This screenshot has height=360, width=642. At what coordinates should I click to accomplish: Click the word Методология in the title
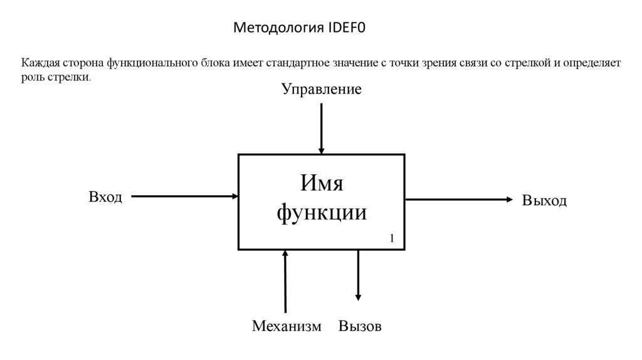click(278, 28)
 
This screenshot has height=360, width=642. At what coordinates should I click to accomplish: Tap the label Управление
click(321, 90)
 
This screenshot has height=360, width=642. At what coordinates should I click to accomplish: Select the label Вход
click(105, 197)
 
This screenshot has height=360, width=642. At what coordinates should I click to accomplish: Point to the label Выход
click(544, 201)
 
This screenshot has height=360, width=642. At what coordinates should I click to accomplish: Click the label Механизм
click(287, 326)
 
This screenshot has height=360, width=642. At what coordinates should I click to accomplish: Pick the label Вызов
click(360, 326)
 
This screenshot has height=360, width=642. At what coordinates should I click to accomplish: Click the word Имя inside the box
click(321, 184)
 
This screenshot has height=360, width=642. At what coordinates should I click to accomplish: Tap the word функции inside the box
click(321, 213)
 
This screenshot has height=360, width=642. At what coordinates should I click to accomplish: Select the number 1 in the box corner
click(392, 238)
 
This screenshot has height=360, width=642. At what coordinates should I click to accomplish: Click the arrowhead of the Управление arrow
click(322, 151)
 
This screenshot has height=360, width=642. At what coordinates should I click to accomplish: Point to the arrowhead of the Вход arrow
click(235, 196)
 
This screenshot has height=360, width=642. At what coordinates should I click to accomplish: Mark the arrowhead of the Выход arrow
click(509, 199)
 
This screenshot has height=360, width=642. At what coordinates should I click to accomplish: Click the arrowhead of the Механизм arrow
click(285, 253)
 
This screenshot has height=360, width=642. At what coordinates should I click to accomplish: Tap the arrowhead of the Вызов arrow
click(359, 297)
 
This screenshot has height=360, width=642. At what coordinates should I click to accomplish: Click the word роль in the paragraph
click(32, 78)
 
